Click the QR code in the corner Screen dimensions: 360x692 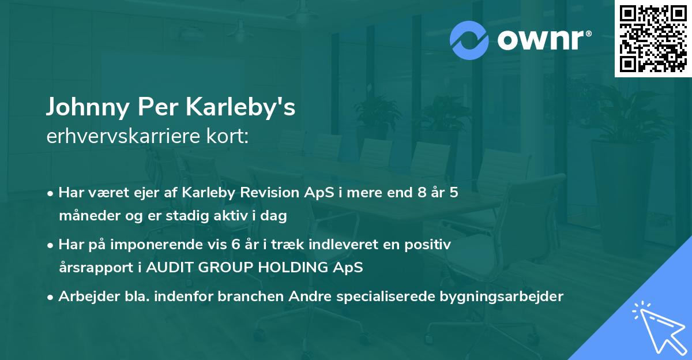653,38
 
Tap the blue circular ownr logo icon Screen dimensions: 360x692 469,40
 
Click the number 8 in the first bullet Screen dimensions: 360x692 423,193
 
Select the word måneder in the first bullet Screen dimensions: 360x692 84,216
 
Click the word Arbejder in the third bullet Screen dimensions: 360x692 84,297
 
